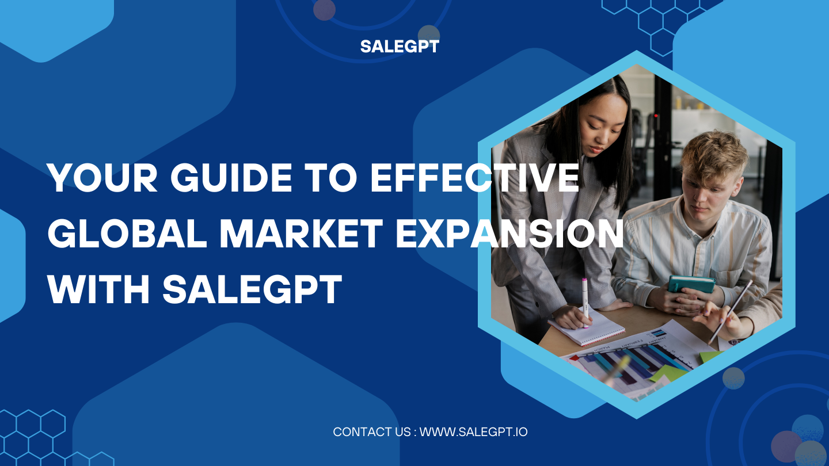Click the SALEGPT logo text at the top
(x=400, y=47)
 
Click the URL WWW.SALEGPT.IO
(x=473, y=431)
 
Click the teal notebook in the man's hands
(x=691, y=283)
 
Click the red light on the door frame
(x=656, y=116)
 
